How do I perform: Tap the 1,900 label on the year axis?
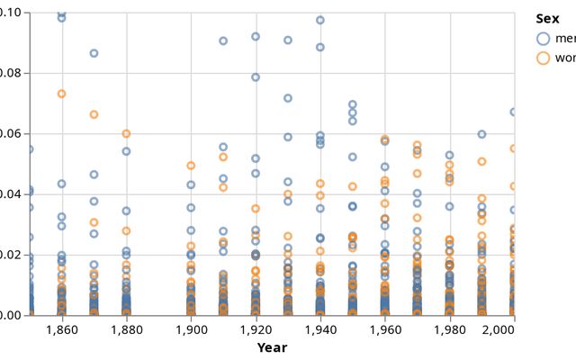191,330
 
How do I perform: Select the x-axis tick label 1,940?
320,330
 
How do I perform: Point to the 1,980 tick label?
450,330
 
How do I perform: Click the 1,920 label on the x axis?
256,330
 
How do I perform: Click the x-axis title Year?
272,347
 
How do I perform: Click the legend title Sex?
547,19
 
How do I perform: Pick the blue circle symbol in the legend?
543,39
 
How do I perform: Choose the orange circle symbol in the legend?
543,58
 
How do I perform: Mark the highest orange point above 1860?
61,94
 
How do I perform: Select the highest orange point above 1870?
94,114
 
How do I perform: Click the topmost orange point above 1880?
126,133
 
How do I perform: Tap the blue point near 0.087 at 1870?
94,53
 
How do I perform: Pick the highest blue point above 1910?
223,40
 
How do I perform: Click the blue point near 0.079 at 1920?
256,77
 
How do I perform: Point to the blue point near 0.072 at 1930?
288,98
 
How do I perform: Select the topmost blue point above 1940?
320,20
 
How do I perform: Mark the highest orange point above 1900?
191,166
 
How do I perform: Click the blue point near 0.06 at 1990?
482,134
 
